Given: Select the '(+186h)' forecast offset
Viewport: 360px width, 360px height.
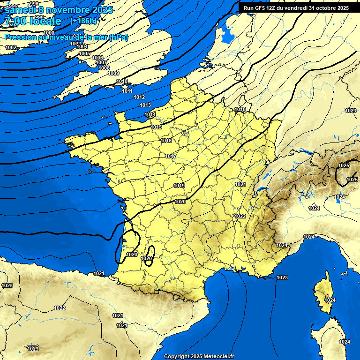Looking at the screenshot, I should pos(83,21).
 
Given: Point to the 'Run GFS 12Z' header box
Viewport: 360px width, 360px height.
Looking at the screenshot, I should pos(296,8).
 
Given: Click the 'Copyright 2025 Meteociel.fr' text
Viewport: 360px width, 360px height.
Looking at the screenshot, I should pos(199,356).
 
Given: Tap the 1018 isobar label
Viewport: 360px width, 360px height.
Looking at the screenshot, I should pos(240,109).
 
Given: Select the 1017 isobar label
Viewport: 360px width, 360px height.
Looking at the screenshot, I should pos(171,156).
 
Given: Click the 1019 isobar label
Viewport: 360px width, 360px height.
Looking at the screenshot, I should pos(179,186).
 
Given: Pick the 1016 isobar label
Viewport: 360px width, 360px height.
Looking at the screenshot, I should pos(166,141).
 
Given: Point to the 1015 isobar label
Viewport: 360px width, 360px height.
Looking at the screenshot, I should pos(157,127).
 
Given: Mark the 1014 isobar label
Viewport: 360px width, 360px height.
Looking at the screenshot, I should pos(150,114).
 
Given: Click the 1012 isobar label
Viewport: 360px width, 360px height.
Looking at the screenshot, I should pos(139,97).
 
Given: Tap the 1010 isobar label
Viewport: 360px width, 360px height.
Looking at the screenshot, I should pos(122,82).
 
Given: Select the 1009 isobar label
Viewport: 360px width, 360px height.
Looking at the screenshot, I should pos(113,73).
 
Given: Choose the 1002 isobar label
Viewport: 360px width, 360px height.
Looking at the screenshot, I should pos(11,47).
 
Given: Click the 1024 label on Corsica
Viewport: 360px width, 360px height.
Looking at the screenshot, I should pos(330,300).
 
